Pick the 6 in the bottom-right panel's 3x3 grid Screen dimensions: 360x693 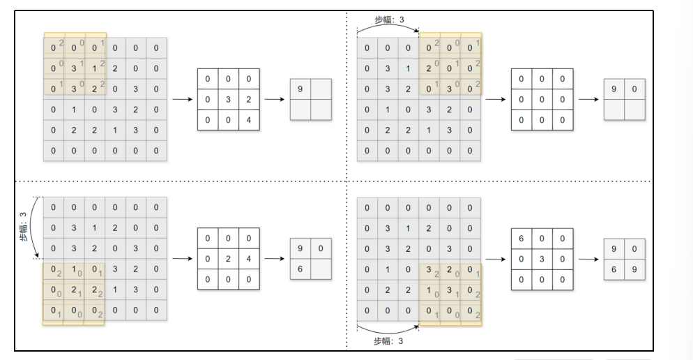click(x=521, y=239)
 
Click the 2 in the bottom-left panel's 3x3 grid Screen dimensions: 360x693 click(x=229, y=258)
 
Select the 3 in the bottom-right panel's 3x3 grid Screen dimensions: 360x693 click(x=542, y=258)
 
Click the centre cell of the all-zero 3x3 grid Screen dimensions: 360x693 click(x=542, y=98)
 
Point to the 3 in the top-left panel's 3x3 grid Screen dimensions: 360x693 click(x=229, y=98)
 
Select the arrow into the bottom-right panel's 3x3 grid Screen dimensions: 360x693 click(x=496, y=258)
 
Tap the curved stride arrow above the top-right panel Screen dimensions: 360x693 click(x=388, y=29)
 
